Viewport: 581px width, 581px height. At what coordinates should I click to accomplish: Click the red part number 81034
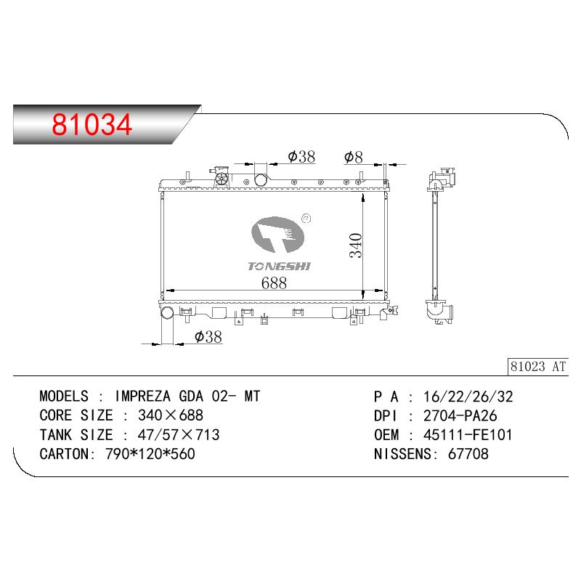click(92, 124)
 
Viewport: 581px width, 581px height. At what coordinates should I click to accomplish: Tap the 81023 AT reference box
click(537, 367)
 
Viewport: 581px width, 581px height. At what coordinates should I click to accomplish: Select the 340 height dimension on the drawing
click(356, 245)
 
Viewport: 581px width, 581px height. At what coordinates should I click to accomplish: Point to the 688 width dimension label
click(274, 283)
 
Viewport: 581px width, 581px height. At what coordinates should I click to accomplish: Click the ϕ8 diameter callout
click(353, 158)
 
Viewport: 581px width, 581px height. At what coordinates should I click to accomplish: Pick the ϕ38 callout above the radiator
click(301, 157)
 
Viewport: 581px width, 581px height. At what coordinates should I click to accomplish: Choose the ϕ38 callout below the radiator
click(208, 337)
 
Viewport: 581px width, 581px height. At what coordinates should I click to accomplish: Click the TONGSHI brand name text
click(279, 266)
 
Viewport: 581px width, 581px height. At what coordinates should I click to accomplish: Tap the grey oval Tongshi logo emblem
click(277, 235)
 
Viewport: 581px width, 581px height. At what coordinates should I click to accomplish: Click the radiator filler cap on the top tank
click(222, 179)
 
